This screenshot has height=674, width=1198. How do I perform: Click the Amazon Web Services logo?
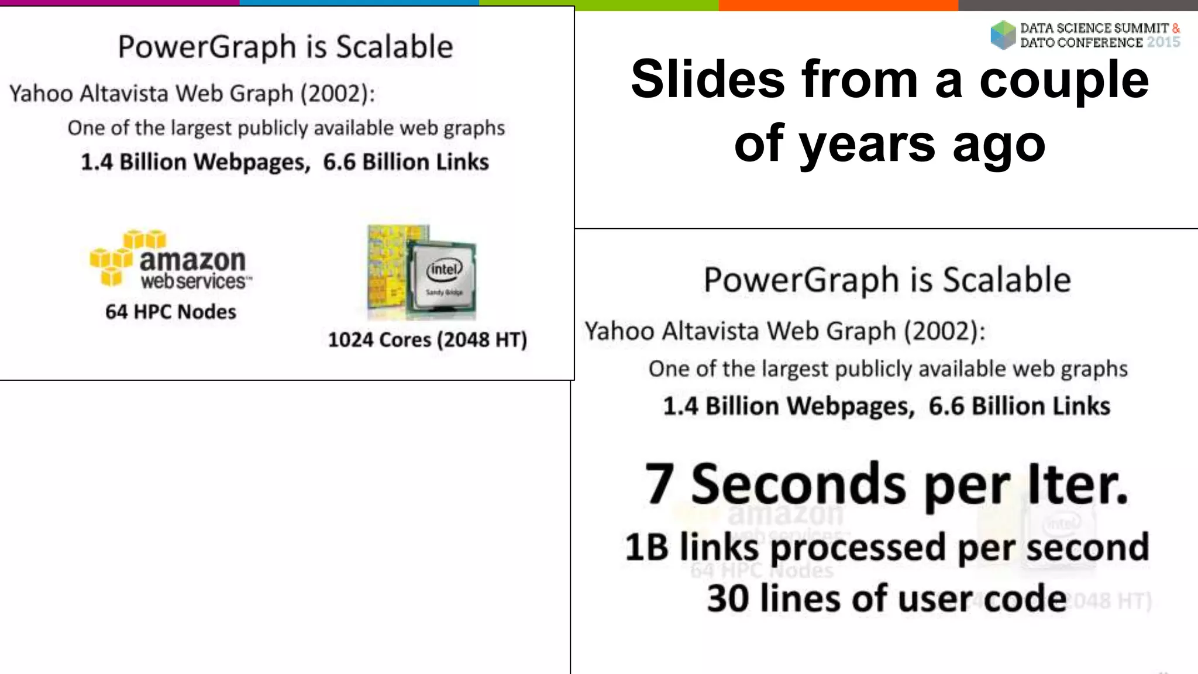coord(170,260)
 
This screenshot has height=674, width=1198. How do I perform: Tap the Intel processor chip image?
coord(422,272)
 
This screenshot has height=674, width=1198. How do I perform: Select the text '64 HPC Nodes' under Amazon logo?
coord(171,312)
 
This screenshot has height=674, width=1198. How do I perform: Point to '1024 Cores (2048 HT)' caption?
coord(427,339)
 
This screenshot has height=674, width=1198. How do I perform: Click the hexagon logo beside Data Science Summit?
coord(1003,35)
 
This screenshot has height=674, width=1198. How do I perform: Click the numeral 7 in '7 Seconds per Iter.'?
coord(658,484)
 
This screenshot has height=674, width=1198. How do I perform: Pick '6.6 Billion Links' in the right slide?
coord(1019,406)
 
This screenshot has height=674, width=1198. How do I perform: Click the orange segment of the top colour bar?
coord(838,5)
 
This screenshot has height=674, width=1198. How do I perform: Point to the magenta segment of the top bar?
coord(119,2)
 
